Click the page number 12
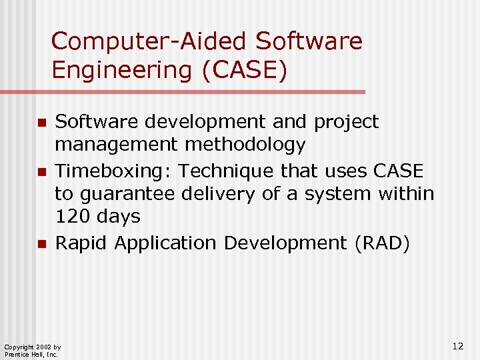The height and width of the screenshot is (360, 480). click(x=457, y=345)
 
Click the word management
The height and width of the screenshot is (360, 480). click(x=117, y=145)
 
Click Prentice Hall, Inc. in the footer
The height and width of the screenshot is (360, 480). click(x=31, y=355)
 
